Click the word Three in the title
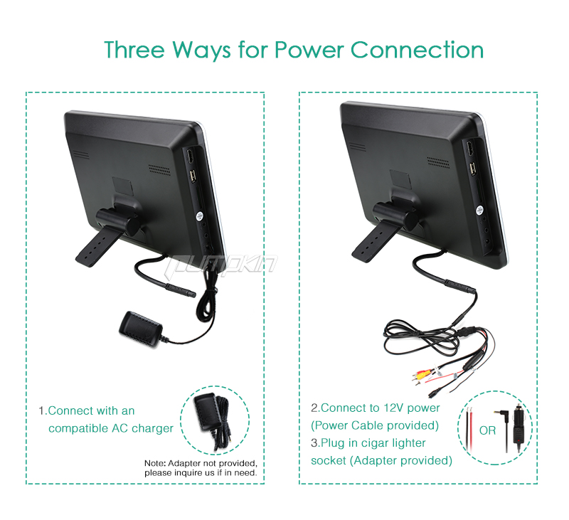[x=134, y=50]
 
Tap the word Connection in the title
[x=417, y=50]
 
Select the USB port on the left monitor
[x=193, y=176]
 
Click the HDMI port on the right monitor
[x=470, y=149]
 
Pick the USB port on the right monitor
[x=472, y=169]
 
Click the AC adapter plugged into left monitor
[x=141, y=329]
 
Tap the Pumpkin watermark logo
[x=221, y=264]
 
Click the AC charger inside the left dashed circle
[x=213, y=419]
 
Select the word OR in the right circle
[x=487, y=430]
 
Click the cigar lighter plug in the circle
[x=518, y=427]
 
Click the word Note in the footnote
[x=154, y=463]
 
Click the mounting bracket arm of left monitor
[x=98, y=247]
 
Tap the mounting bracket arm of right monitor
[x=374, y=240]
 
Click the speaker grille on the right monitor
[x=438, y=163]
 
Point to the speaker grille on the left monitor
[x=159, y=170]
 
